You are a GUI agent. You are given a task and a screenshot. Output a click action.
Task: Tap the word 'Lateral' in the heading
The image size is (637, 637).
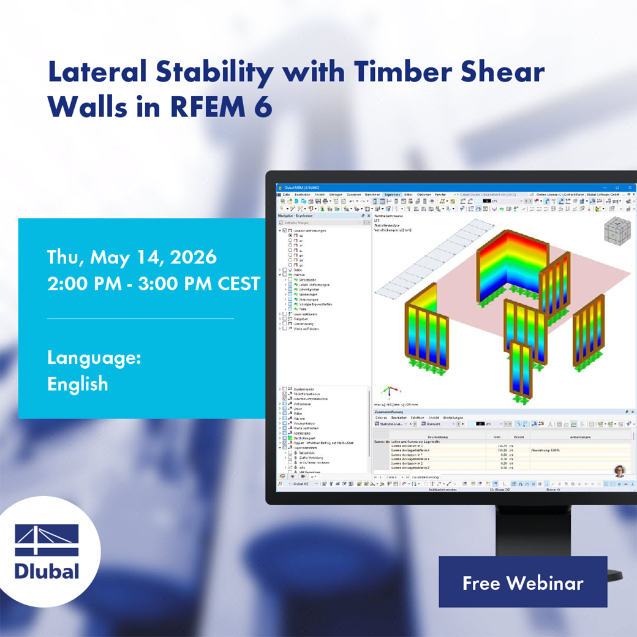99,73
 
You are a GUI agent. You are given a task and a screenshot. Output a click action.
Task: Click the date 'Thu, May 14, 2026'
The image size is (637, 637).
132,257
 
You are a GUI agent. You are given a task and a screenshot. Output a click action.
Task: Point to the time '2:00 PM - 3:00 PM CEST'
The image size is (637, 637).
154,284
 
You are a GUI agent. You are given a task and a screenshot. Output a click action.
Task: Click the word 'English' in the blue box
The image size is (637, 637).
78,384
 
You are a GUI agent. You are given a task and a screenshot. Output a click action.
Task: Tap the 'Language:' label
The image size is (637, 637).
94,358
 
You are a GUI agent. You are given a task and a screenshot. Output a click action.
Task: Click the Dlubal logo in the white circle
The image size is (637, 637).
47,551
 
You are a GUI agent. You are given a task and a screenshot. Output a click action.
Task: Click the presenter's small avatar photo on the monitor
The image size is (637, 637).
620,470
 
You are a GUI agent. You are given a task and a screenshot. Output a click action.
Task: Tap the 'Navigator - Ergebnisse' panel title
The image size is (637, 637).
296,216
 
